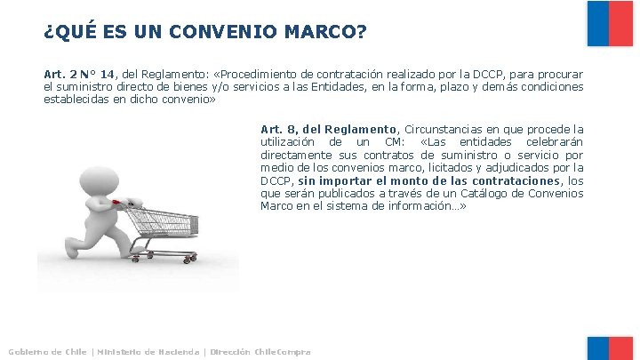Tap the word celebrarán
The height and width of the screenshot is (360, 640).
tap(555, 142)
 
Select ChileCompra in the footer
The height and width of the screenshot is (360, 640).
tap(284, 352)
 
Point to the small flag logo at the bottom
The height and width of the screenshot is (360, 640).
tap(610, 348)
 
